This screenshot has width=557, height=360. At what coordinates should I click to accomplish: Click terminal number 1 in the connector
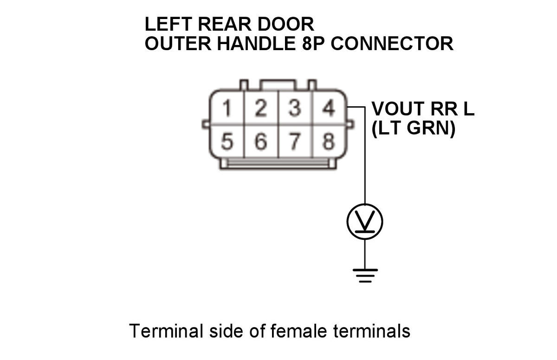pos(227,109)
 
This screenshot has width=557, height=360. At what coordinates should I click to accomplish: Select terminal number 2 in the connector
pos(261,109)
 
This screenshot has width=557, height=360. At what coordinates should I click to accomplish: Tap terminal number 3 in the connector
pos(294,109)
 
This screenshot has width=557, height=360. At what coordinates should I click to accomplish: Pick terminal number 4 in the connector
pos(328,109)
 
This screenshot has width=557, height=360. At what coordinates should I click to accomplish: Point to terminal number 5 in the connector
pos(227,141)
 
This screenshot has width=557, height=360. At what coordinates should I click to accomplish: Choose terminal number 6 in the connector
pos(261,141)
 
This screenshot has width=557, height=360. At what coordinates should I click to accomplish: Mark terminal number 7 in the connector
pos(294,141)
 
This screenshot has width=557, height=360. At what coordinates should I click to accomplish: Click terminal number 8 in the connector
pos(328,141)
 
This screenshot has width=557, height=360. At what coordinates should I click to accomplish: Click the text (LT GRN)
pos(413,129)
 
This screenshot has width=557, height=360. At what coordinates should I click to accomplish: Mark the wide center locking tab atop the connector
pos(278,85)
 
